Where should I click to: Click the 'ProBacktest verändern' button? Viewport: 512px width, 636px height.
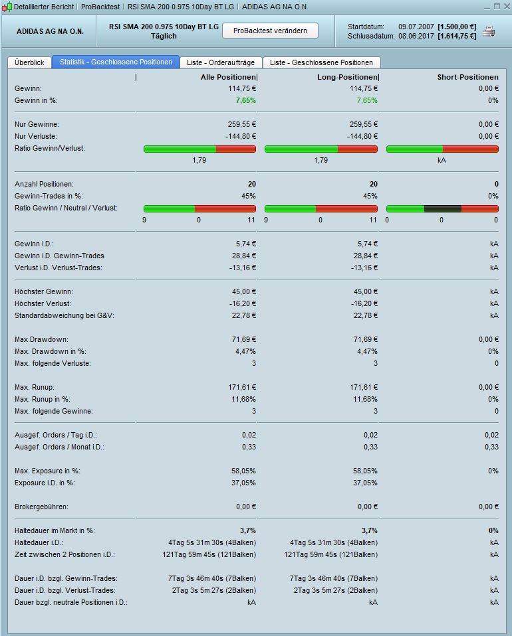click(x=270, y=31)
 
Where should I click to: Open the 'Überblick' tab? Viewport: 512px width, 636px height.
click(x=29, y=62)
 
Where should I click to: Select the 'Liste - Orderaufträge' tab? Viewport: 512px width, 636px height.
click(x=221, y=62)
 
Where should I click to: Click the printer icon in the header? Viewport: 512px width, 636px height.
click(x=489, y=31)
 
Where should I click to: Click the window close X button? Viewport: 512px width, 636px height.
click(x=505, y=6)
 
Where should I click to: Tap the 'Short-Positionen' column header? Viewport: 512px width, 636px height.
click(x=467, y=78)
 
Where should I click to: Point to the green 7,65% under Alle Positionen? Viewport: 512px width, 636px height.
click(x=245, y=100)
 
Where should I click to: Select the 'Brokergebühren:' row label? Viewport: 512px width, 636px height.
click(x=41, y=507)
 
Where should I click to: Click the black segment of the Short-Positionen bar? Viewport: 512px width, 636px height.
click(x=442, y=208)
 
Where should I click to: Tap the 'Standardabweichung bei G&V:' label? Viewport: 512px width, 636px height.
click(x=64, y=315)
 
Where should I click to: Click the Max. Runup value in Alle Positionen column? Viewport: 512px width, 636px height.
click(x=241, y=387)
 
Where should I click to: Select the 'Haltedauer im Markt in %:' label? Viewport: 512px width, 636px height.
click(x=55, y=530)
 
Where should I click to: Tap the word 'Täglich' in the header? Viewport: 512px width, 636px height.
click(x=164, y=36)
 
